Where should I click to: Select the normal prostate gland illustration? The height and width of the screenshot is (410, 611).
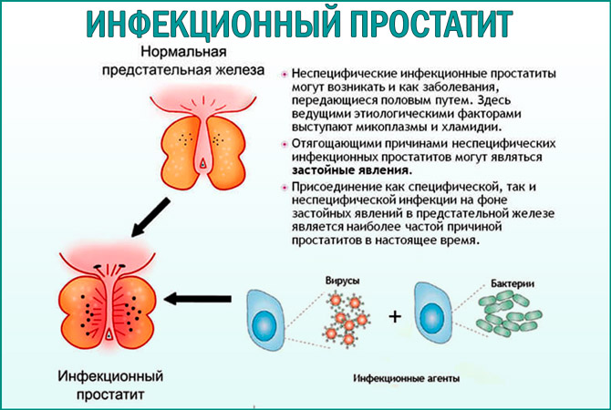[202, 137]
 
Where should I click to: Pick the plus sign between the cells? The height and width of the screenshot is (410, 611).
[394, 317]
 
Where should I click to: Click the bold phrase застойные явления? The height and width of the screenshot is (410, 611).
[351, 169]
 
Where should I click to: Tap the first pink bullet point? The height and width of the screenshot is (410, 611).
[285, 72]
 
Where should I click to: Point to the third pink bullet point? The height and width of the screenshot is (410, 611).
[285, 186]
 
